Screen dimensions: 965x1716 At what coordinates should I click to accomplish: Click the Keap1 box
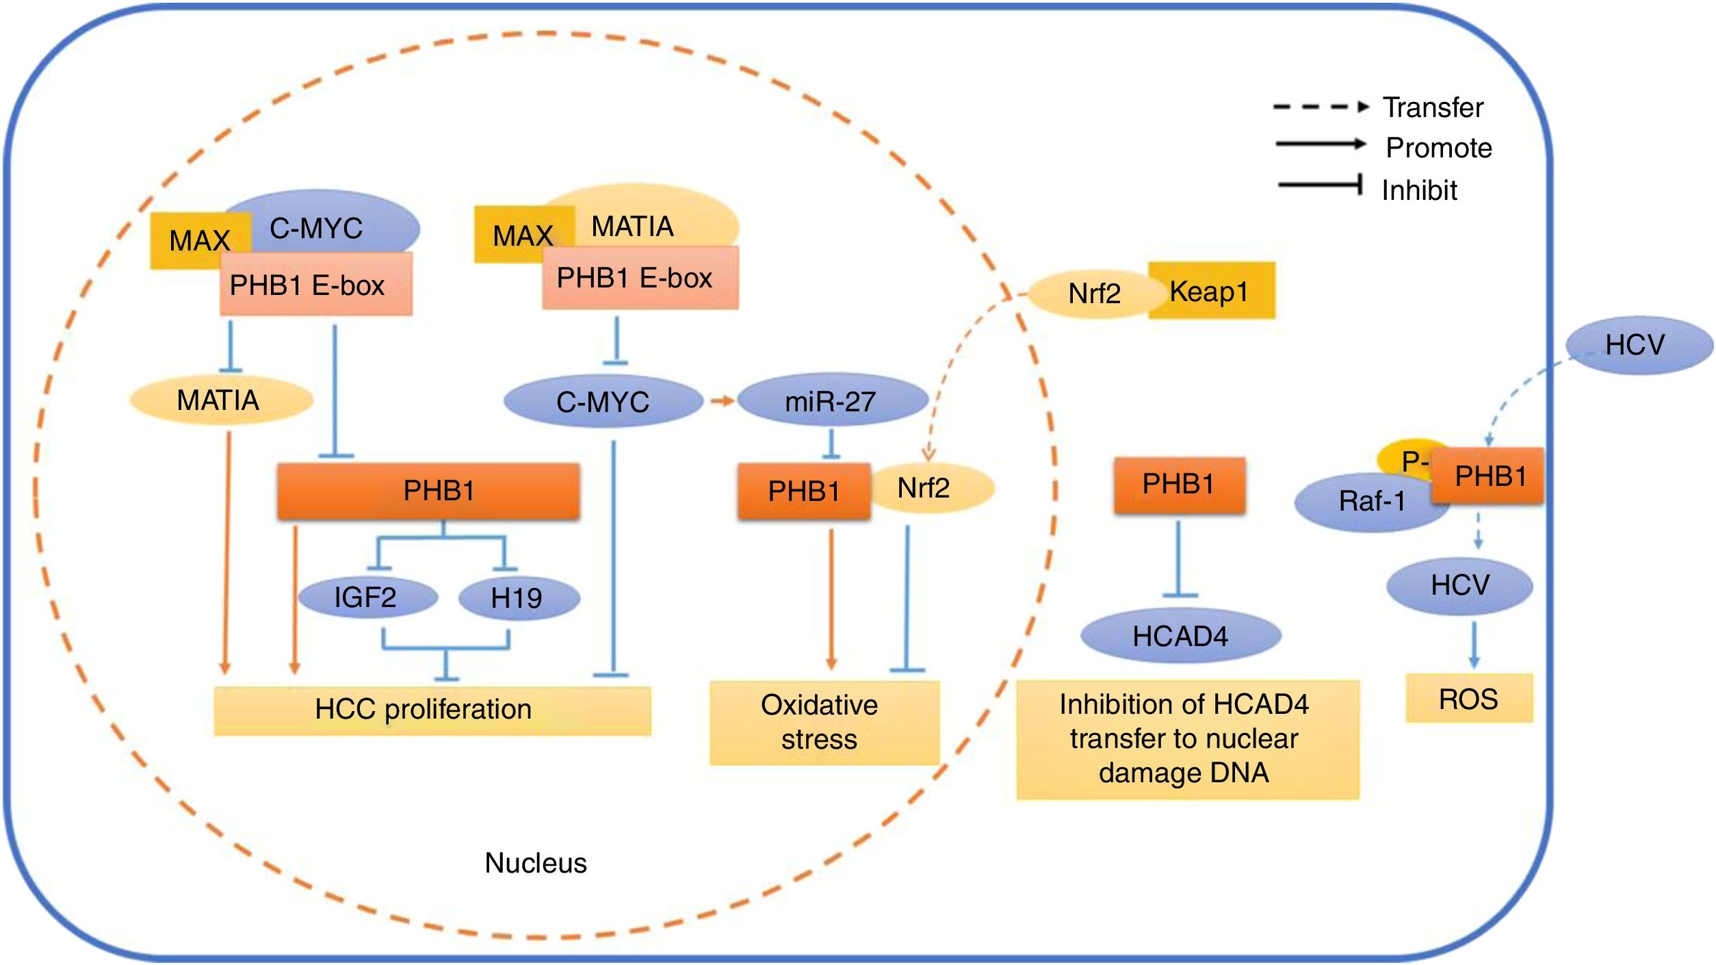pyautogui.click(x=1211, y=291)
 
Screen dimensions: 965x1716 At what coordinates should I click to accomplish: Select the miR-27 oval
pyautogui.click(x=832, y=400)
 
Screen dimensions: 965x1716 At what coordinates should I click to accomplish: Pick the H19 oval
pyautogui.click(x=518, y=598)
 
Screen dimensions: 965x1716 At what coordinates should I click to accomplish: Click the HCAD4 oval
pyautogui.click(x=1180, y=636)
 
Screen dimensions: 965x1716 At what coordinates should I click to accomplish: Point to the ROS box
pyautogui.click(x=1468, y=699)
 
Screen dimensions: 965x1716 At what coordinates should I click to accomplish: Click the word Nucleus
pyautogui.click(x=536, y=863)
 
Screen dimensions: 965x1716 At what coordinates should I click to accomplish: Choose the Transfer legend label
pyautogui.click(x=1433, y=107)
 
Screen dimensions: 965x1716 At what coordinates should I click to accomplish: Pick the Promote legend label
pyautogui.click(x=1438, y=148)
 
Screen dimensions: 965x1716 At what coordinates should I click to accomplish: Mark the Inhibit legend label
pyautogui.click(x=1419, y=190)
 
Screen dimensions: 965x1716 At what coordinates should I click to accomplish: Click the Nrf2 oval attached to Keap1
pyautogui.click(x=1093, y=294)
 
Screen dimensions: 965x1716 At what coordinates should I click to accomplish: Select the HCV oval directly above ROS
pyautogui.click(x=1459, y=585)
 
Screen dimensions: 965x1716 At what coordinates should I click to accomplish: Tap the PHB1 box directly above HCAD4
pyautogui.click(x=1179, y=485)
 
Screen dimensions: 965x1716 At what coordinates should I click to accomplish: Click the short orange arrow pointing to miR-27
pyautogui.click(x=720, y=401)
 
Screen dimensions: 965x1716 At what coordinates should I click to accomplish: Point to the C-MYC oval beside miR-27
pyautogui.click(x=602, y=401)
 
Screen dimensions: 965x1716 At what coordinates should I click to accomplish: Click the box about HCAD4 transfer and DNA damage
pyautogui.click(x=1186, y=739)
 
